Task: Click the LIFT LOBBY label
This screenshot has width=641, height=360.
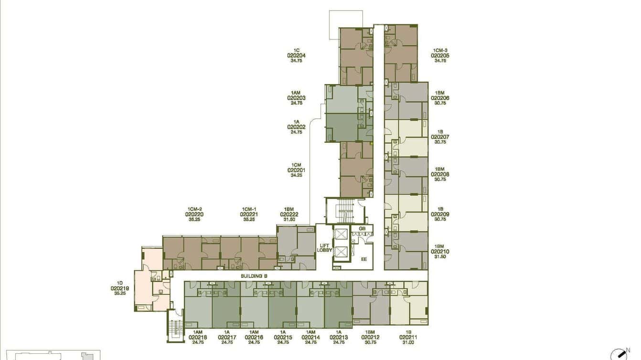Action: (x=324, y=248)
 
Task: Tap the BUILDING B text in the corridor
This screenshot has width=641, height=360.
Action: (x=254, y=276)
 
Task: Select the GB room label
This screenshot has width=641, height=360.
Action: (x=362, y=229)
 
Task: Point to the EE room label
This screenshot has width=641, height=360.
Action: (x=363, y=259)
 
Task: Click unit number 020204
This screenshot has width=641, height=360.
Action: (x=296, y=55)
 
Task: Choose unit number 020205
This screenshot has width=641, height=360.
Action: (x=440, y=55)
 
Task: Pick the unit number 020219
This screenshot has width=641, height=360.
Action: (x=119, y=288)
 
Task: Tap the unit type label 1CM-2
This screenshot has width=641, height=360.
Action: (x=194, y=209)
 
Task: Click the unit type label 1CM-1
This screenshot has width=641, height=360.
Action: (x=249, y=209)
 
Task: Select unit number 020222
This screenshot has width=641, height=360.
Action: (x=289, y=214)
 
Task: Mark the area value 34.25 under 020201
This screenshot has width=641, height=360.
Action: (x=296, y=175)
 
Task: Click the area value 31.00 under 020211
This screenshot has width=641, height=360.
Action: (x=408, y=342)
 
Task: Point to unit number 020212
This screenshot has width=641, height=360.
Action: (x=370, y=338)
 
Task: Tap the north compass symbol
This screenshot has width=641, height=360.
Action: (x=619, y=355)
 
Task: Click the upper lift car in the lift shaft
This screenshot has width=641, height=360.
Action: (x=341, y=234)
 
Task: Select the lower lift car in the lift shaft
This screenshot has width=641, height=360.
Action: (x=341, y=252)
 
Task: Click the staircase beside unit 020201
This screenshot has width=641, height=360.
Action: (x=346, y=211)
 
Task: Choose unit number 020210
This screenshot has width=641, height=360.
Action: (x=440, y=252)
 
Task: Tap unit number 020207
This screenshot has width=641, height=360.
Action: (x=440, y=137)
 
